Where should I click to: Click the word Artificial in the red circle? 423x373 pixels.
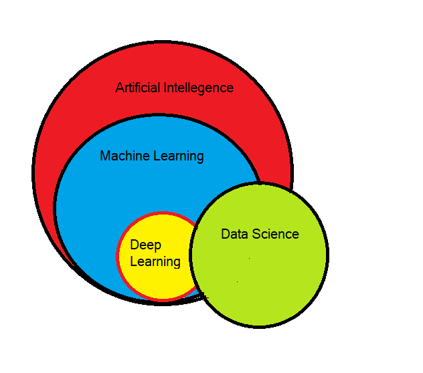click(x=138, y=88)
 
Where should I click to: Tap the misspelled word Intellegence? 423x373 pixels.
click(x=199, y=88)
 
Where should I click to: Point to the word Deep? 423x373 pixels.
click(x=145, y=246)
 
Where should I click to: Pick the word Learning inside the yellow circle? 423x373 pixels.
click(x=155, y=261)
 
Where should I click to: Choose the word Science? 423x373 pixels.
click(x=275, y=234)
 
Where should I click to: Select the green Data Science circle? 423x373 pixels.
click(x=261, y=281)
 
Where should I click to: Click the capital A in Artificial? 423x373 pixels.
click(x=120, y=88)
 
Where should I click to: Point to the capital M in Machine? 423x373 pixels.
click(x=105, y=156)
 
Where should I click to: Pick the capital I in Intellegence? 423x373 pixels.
click(x=165, y=88)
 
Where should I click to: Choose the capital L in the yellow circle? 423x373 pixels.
click(x=133, y=261)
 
